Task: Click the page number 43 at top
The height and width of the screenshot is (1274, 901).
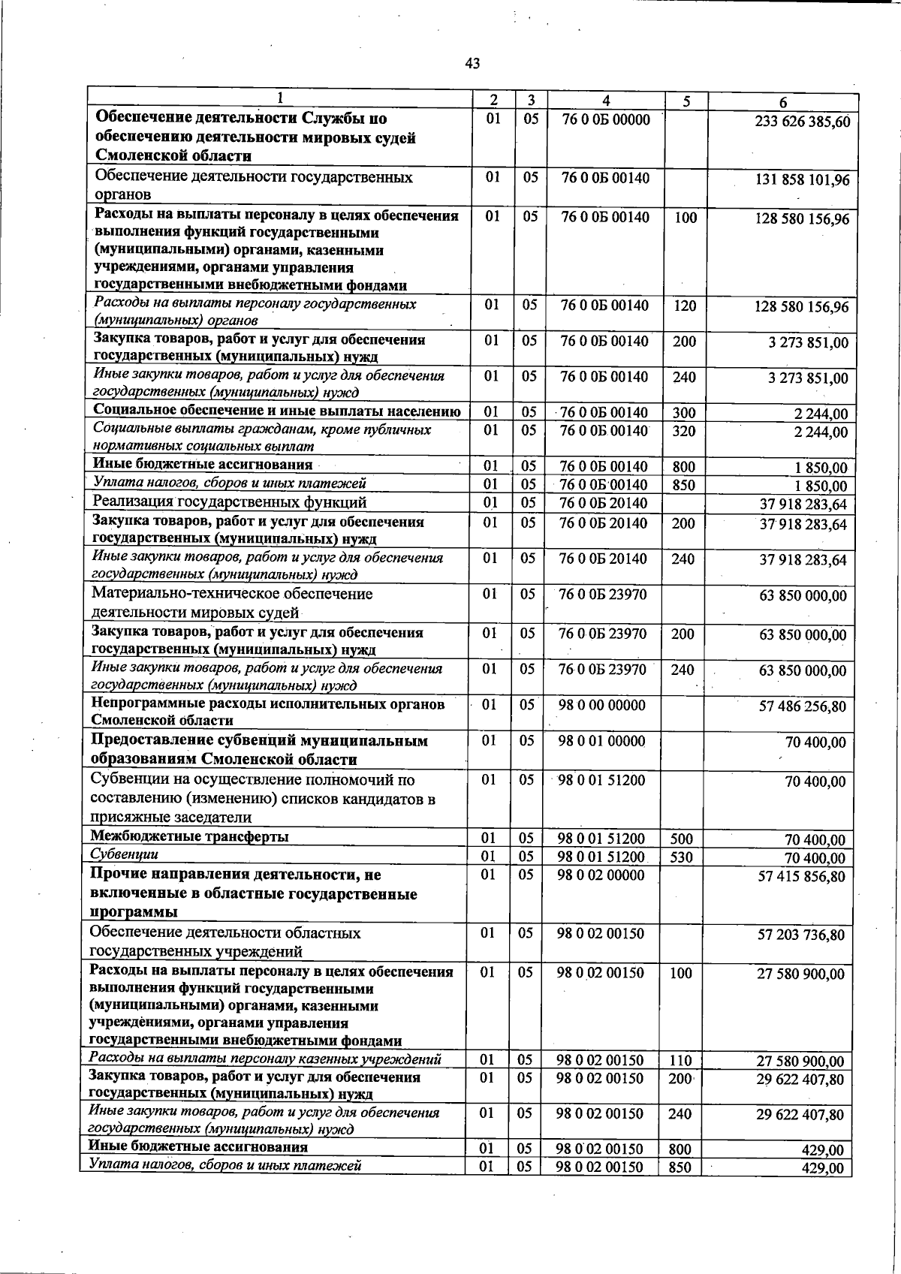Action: [x=472, y=64]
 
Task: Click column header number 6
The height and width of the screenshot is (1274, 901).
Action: [x=782, y=103]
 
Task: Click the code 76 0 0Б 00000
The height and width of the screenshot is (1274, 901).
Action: [x=605, y=119]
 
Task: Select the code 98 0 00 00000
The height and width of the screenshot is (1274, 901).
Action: [x=601, y=705]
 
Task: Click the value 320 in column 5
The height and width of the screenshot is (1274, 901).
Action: [x=683, y=432]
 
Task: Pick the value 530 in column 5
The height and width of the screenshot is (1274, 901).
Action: [x=680, y=857]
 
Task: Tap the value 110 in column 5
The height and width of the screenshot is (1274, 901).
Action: [x=680, y=1061]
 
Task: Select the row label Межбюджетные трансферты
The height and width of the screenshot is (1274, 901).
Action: [x=189, y=836]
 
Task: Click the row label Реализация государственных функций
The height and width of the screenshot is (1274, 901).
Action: [x=229, y=501]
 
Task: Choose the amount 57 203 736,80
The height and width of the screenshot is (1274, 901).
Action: [x=801, y=935]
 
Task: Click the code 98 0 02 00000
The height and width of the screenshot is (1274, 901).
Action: [x=601, y=875]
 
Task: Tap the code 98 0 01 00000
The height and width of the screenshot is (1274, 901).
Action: [x=601, y=741]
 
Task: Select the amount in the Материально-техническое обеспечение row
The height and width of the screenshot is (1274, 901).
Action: [x=803, y=597]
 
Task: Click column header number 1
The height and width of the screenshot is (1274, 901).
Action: [x=279, y=98]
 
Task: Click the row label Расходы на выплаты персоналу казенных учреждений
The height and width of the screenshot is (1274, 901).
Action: [x=264, y=1059]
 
